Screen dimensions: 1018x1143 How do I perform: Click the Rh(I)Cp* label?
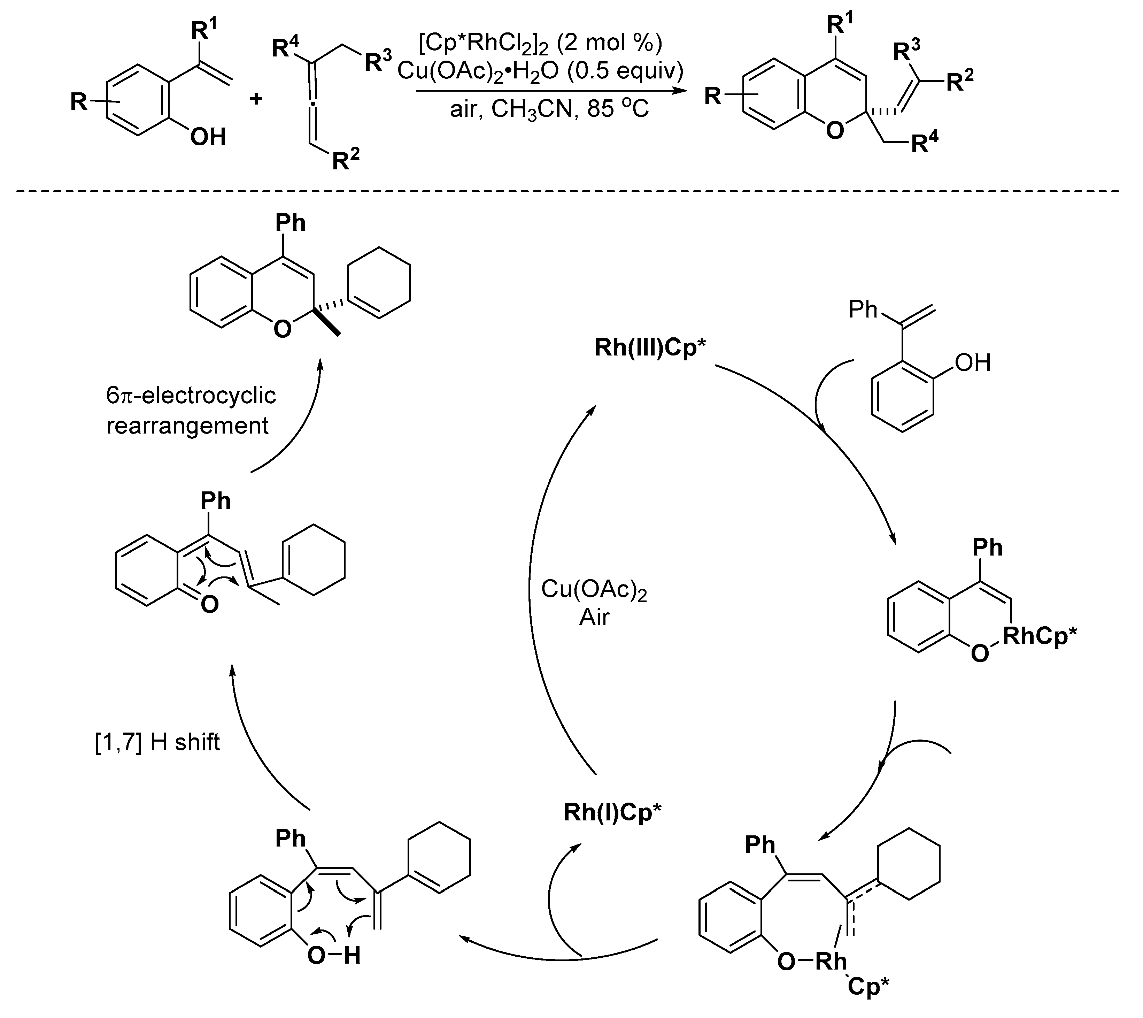point(612,812)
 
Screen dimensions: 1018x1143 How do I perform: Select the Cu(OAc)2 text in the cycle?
point(594,590)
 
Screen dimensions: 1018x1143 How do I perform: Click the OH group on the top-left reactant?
point(208,137)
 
